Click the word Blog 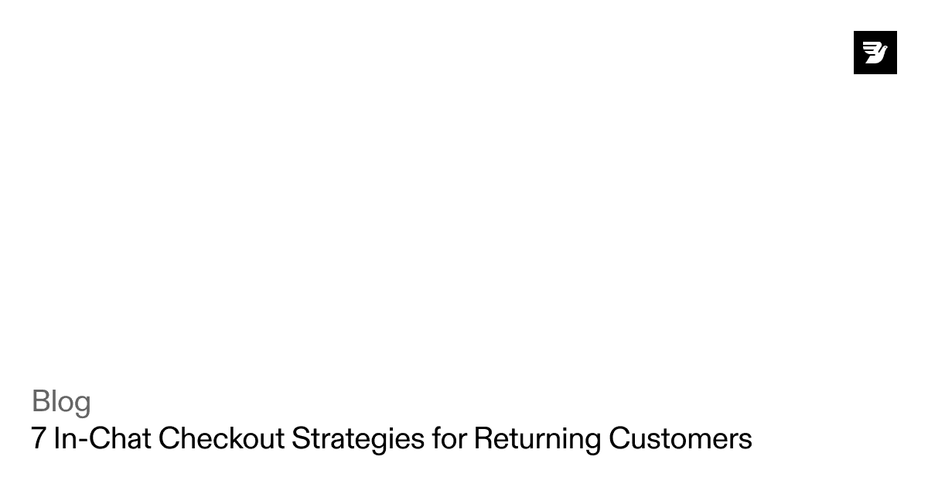point(61,402)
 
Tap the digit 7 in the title point(39,438)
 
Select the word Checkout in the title point(222,438)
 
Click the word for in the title point(449,438)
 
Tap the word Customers point(680,438)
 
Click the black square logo point(875,53)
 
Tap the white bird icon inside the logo point(875,53)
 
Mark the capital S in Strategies point(300,438)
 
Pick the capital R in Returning point(483,438)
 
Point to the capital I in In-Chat point(56,438)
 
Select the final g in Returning point(592,441)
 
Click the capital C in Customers point(619,438)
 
